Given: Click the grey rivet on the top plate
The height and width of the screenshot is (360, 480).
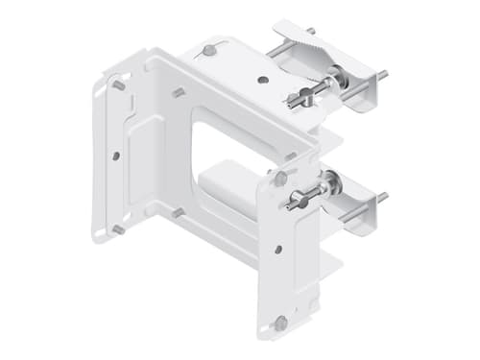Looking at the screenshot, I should [x=210, y=49].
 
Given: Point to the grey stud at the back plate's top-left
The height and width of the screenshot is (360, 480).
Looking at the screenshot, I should [x=118, y=85].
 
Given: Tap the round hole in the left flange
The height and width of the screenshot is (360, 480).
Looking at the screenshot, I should [x=115, y=154].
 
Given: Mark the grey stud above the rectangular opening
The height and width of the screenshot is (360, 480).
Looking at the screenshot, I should [x=178, y=93].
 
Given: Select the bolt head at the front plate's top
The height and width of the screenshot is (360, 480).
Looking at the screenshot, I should [x=279, y=179].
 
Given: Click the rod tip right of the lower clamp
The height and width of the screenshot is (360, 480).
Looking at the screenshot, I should [x=383, y=197].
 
